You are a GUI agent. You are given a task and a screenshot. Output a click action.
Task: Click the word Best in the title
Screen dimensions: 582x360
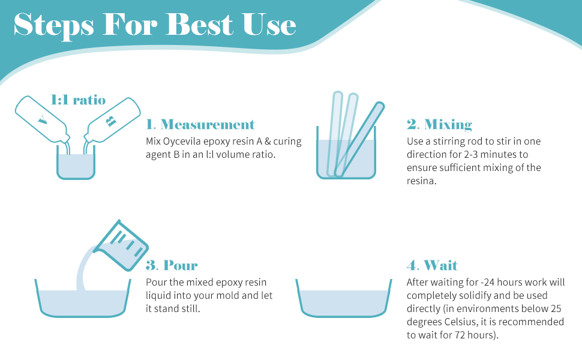200,25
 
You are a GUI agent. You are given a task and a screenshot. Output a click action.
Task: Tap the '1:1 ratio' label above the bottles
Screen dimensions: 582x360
78,100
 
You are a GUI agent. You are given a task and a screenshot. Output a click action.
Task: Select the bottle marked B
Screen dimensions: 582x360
112,121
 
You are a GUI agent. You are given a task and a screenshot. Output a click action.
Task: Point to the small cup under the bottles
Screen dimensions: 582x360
76,163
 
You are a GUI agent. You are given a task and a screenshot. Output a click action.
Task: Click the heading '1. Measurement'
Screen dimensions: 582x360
200,124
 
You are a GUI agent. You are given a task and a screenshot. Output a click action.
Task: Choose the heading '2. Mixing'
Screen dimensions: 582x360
439,124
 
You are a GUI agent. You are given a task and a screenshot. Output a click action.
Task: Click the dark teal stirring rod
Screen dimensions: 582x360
359,139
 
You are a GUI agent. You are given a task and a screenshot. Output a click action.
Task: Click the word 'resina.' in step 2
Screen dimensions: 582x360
422,181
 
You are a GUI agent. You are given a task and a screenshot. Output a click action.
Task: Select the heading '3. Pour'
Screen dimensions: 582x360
172,265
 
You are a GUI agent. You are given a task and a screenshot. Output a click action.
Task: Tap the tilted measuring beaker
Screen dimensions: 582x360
121,245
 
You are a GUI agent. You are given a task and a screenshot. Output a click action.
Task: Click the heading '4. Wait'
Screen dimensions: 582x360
433,265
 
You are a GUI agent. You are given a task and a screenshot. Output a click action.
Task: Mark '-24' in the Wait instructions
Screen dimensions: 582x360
487,283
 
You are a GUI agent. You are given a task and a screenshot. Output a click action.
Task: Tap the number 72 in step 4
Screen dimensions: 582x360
460,335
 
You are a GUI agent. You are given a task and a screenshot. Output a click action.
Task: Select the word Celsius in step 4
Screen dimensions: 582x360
459,322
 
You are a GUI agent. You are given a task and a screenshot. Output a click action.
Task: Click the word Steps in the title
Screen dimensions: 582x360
54,26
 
